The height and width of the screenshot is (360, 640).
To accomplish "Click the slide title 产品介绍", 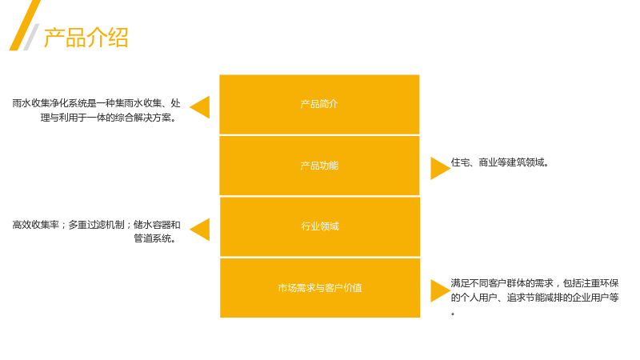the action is click(86, 38).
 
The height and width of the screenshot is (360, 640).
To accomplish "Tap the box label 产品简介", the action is click(319, 104).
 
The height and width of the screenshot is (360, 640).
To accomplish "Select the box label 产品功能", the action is click(319, 166).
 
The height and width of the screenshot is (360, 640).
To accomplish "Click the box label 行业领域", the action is click(320, 226).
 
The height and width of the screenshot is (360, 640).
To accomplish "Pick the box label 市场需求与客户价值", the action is click(320, 288).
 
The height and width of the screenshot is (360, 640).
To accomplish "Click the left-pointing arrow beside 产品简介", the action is click(200, 107).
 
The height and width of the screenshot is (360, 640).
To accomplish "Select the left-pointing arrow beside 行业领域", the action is click(200, 230).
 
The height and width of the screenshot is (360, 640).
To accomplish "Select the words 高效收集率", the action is click(35, 225).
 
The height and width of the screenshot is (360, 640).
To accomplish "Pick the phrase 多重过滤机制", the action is click(96, 225).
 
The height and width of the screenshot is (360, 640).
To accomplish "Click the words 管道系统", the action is click(152, 238).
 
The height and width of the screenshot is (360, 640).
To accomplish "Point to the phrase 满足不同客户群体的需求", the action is click(502, 283).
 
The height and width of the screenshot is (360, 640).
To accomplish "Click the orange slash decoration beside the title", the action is click(25, 26).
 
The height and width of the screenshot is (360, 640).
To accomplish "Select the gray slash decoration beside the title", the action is click(31, 37).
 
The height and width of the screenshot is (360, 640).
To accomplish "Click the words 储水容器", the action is click(152, 225).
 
